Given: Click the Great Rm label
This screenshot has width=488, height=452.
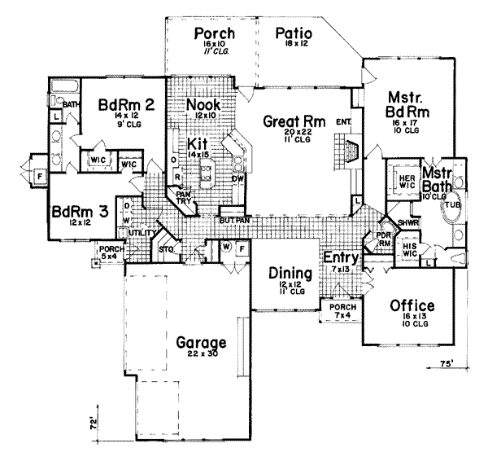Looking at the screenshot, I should [294, 122].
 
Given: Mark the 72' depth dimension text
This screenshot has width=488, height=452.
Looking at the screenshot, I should [94, 424].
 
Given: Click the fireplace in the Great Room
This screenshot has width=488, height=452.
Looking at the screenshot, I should [350, 151].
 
